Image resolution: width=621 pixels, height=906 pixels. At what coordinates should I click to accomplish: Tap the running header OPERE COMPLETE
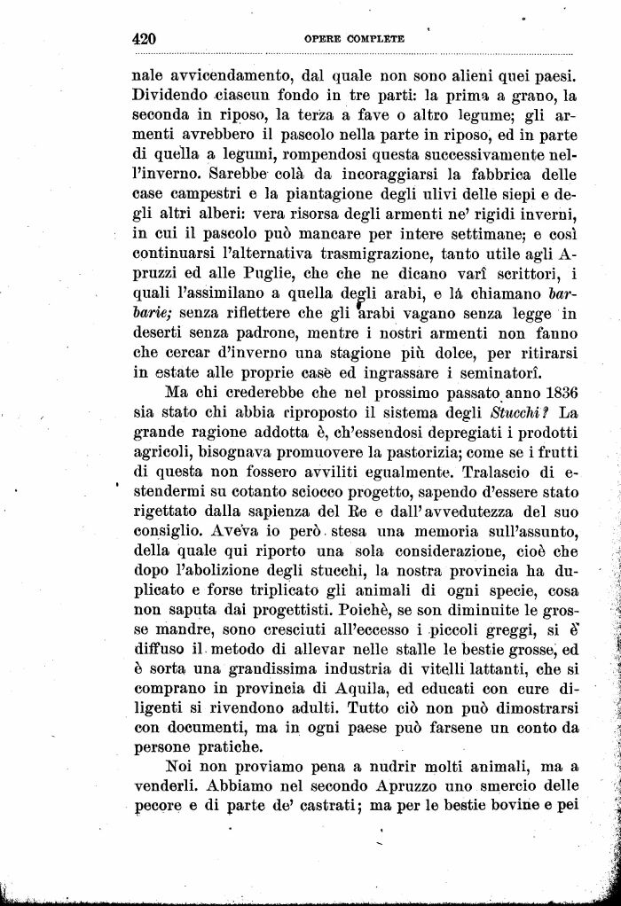click(354, 39)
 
